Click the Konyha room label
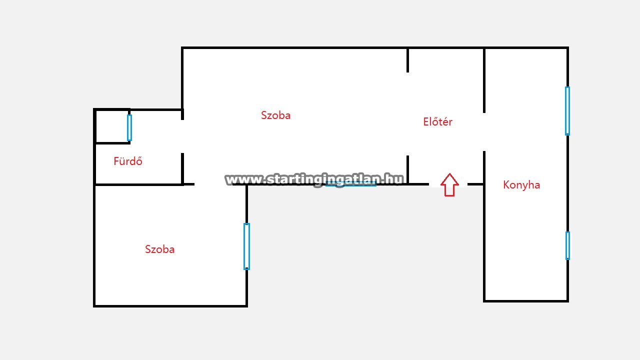point(521,185)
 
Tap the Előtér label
point(437,121)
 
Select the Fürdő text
point(127,161)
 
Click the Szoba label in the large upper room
point(275,115)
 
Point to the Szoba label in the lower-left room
point(159,249)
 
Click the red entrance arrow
point(449,185)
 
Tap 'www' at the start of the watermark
point(243,179)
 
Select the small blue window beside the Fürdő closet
point(129,127)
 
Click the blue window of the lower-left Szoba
point(246,246)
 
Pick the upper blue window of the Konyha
point(567,111)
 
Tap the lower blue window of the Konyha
point(567,245)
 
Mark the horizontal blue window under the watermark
point(351,185)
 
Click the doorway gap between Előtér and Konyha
point(484,132)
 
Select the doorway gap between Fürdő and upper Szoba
point(182,136)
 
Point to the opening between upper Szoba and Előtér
point(407,114)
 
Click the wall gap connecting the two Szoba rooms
point(213,184)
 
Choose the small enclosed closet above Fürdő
point(111,126)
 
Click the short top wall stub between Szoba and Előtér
point(407,60)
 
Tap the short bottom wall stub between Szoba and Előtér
point(407,169)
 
